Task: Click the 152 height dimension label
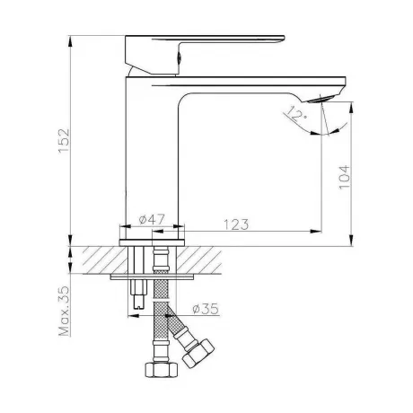64,141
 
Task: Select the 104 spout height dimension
345,177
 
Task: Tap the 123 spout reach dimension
236,224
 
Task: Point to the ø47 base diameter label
152,219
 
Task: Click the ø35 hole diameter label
206,309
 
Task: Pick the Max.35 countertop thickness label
64,311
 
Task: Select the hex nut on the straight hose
161,369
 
